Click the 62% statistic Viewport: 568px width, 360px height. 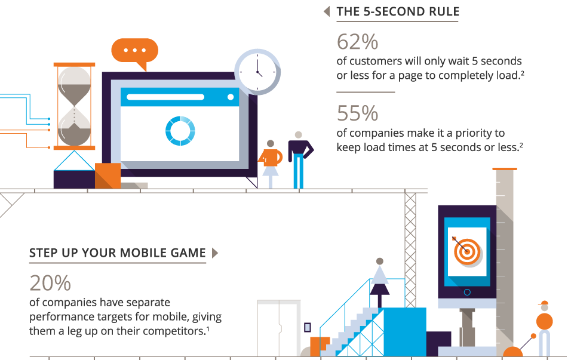[x=357, y=42]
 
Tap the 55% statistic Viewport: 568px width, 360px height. [x=357, y=113]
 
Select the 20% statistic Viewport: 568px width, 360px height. [x=50, y=283]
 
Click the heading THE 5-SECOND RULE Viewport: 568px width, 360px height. [x=398, y=11]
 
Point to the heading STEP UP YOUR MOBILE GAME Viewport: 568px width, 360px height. [x=118, y=253]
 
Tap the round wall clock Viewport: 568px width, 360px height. [x=257, y=72]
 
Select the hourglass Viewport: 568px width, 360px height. [x=74, y=106]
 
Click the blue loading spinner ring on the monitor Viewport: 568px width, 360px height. [x=180, y=131]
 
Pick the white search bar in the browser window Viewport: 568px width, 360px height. [x=165, y=97]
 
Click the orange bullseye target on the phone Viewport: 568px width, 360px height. [x=467, y=251]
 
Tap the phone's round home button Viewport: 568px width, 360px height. [x=467, y=293]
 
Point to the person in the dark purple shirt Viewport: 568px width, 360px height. [x=299, y=160]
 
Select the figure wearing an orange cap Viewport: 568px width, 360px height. [x=544, y=328]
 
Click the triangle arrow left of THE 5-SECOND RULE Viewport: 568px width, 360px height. [x=327, y=11]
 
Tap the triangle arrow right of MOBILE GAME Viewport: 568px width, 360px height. [x=215, y=253]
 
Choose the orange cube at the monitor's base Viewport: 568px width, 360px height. [x=108, y=176]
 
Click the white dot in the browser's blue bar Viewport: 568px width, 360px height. [x=231, y=97]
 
